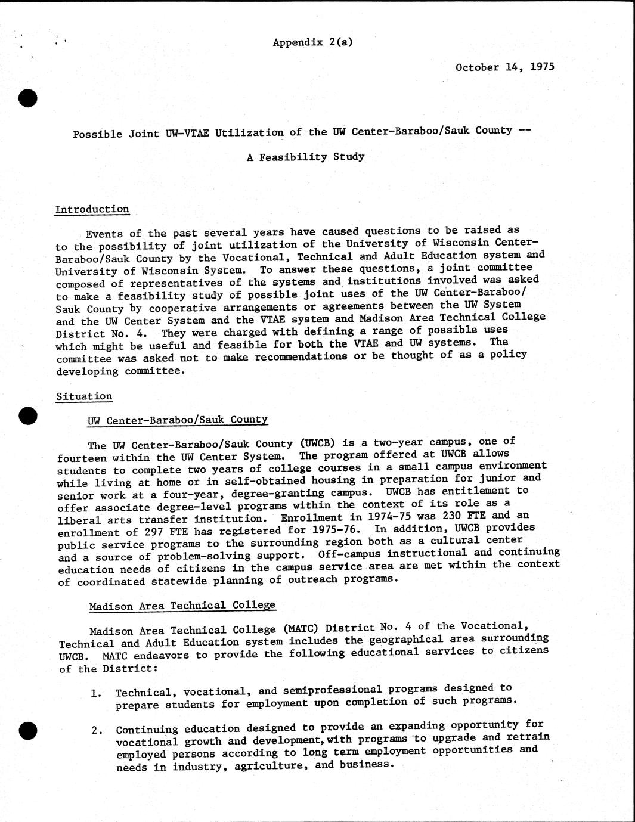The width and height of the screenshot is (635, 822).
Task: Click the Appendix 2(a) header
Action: [x=312, y=42]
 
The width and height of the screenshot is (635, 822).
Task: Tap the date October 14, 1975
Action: [x=504, y=67]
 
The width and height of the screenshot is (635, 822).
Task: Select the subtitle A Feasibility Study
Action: [x=305, y=157]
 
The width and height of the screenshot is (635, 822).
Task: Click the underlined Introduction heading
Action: [x=92, y=209]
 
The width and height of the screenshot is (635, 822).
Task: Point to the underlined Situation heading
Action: [x=84, y=396]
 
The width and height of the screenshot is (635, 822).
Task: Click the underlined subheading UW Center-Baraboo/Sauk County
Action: [x=177, y=420]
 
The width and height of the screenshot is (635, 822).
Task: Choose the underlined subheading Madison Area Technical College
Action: [x=182, y=606]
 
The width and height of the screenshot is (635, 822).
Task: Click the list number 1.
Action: [x=95, y=693]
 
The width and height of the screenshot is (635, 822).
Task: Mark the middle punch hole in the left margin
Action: [x=27, y=416]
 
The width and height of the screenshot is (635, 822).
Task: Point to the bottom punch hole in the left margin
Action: [x=27, y=730]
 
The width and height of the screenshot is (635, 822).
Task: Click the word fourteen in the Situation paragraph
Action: [x=82, y=458]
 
